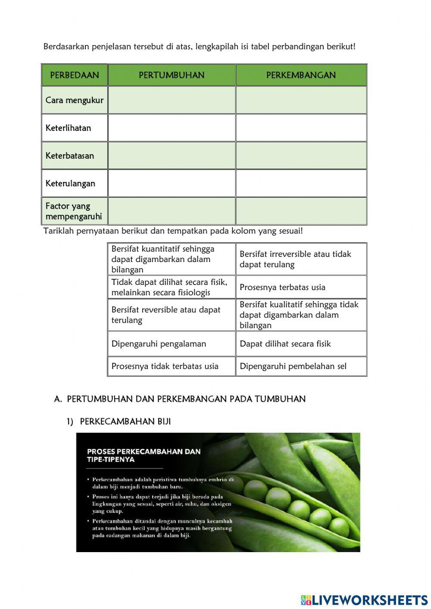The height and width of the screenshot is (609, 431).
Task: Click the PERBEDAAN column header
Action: point(74,75)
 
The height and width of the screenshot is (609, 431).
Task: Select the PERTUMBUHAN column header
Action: point(172,75)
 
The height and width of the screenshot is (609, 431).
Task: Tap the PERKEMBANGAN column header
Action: point(301,75)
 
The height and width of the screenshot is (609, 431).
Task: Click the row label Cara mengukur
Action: point(74,100)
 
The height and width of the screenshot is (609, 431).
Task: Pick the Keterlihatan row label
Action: point(68,128)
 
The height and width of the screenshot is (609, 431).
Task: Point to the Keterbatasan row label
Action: point(69,156)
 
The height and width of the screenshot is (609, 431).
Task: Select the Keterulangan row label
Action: point(70,183)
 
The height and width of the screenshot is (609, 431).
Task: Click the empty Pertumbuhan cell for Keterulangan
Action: point(172,183)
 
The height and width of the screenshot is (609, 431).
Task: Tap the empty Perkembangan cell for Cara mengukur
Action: point(301,100)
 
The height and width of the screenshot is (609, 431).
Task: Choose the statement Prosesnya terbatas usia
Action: point(282,287)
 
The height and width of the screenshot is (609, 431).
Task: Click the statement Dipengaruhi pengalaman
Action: point(159,344)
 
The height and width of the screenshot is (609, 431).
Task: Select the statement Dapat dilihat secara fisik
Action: point(285,344)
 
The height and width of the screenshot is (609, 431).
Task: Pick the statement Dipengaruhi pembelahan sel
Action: point(293,366)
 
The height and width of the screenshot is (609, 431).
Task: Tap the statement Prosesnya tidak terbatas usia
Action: point(165,366)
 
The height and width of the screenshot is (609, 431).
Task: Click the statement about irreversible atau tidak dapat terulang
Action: point(295,259)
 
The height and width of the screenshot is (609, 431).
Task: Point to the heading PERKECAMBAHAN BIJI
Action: point(125,422)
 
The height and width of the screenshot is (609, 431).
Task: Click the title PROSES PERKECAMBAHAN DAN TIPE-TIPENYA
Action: point(144,455)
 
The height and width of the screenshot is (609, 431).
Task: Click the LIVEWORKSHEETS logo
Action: point(364,600)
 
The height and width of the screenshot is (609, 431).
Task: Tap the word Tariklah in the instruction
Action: point(59,231)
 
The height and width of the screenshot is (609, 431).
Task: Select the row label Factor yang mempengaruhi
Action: point(74,211)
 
